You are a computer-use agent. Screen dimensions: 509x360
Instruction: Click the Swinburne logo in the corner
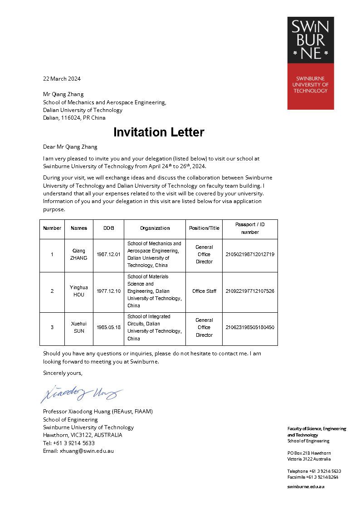pos(311,63)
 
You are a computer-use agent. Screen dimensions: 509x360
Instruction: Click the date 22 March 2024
pos(62,78)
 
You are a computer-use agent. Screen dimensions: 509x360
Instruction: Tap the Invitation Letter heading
pos(159,132)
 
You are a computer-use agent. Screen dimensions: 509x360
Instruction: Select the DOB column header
pos(108,228)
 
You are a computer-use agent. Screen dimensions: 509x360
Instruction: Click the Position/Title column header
pos(204,228)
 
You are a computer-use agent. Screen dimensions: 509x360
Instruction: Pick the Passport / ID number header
pos(250,228)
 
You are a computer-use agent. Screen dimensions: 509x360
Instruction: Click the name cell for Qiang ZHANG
pos(78,254)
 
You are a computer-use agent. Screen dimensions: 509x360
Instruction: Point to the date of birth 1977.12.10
pos(108,291)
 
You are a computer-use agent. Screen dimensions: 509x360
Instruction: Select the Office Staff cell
pos(204,291)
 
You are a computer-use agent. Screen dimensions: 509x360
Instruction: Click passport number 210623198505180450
pos(250,327)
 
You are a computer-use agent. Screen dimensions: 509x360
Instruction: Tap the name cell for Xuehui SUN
pos(78,327)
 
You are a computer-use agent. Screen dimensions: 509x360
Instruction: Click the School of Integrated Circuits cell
pos(154,327)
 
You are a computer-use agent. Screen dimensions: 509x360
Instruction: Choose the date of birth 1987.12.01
pos(108,254)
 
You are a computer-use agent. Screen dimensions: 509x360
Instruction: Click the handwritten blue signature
pos(82,393)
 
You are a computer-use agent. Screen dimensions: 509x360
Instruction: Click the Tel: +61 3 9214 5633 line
pos(69,443)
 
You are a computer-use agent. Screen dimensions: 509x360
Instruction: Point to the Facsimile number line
pos(312,477)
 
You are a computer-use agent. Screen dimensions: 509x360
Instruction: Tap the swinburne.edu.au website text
pos(306,486)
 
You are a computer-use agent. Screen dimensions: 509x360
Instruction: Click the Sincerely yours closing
pos(63,373)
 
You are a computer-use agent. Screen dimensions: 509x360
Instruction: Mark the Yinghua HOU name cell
pos(78,291)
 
